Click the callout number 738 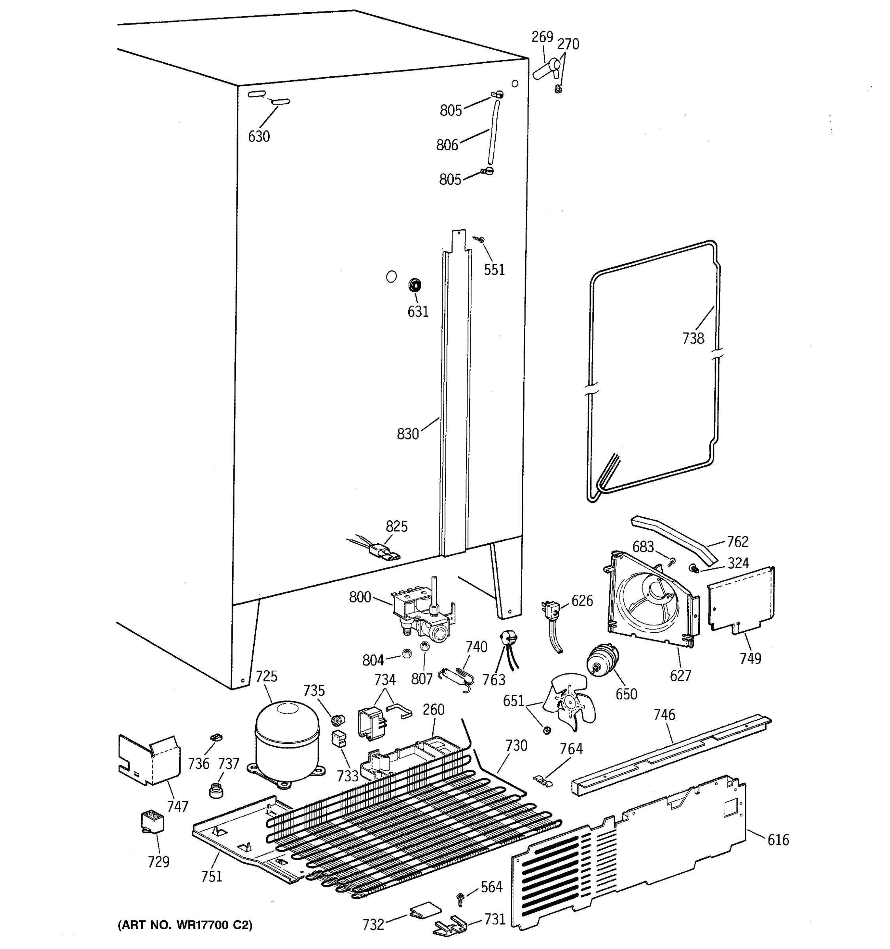(693, 338)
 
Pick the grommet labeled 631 (415, 285)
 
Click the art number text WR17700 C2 (185, 924)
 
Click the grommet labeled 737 (217, 789)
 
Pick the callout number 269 (542, 37)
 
